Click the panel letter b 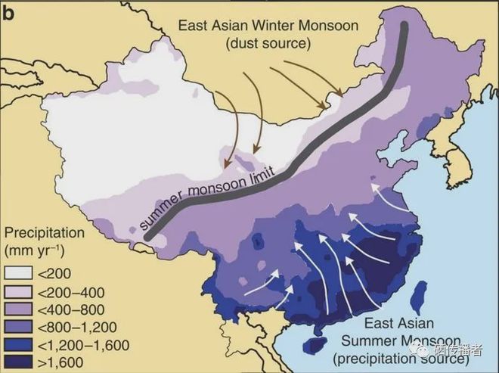[8, 10]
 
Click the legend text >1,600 [63, 362]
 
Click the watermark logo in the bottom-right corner [423, 350]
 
